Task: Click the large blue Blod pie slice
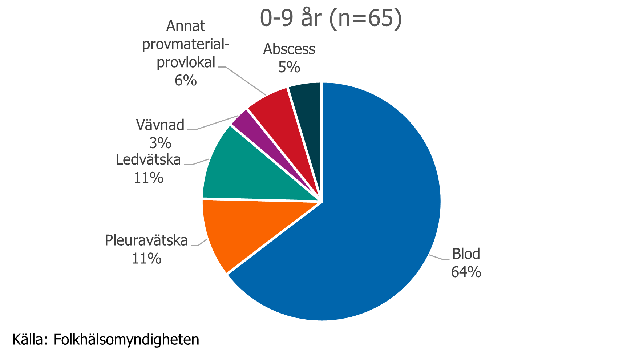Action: pyautogui.click(x=363, y=218)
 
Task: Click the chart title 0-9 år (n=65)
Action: pyautogui.click(x=331, y=18)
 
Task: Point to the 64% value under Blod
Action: pyautogui.click(x=466, y=272)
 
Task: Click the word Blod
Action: pyautogui.click(x=466, y=254)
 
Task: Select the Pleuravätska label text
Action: pyautogui.click(x=146, y=240)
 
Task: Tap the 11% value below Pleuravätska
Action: pyautogui.click(x=146, y=259)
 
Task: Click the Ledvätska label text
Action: pyautogui.click(x=148, y=160)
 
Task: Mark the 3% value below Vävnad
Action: pyautogui.click(x=160, y=143)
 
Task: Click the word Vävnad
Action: pyautogui.click(x=160, y=125)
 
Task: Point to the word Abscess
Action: pyautogui.click(x=289, y=49)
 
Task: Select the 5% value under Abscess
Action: pyautogui.click(x=289, y=67)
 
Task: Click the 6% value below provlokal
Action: pyautogui.click(x=186, y=80)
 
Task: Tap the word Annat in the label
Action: pyautogui.click(x=186, y=26)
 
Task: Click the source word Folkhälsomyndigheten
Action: pyautogui.click(x=126, y=340)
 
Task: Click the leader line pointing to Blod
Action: pyautogui.click(x=438, y=258)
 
